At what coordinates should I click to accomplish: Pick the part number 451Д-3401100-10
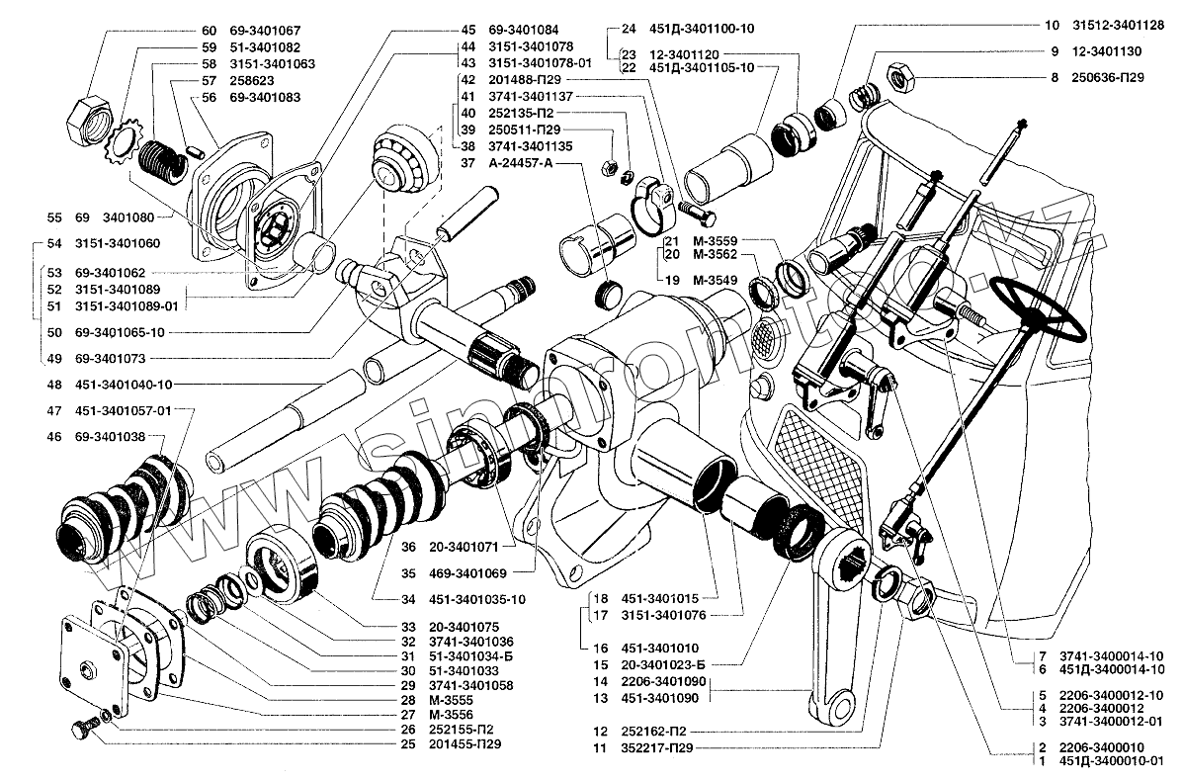pyautogui.click(x=703, y=30)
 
